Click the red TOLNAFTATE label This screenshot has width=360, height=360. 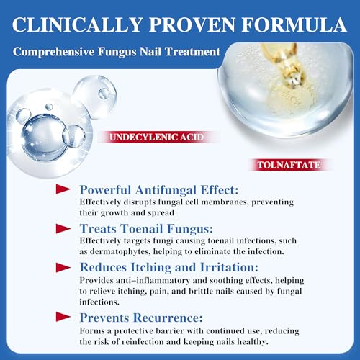287,165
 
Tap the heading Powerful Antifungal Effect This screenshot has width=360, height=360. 160,190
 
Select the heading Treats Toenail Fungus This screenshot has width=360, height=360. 146,229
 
